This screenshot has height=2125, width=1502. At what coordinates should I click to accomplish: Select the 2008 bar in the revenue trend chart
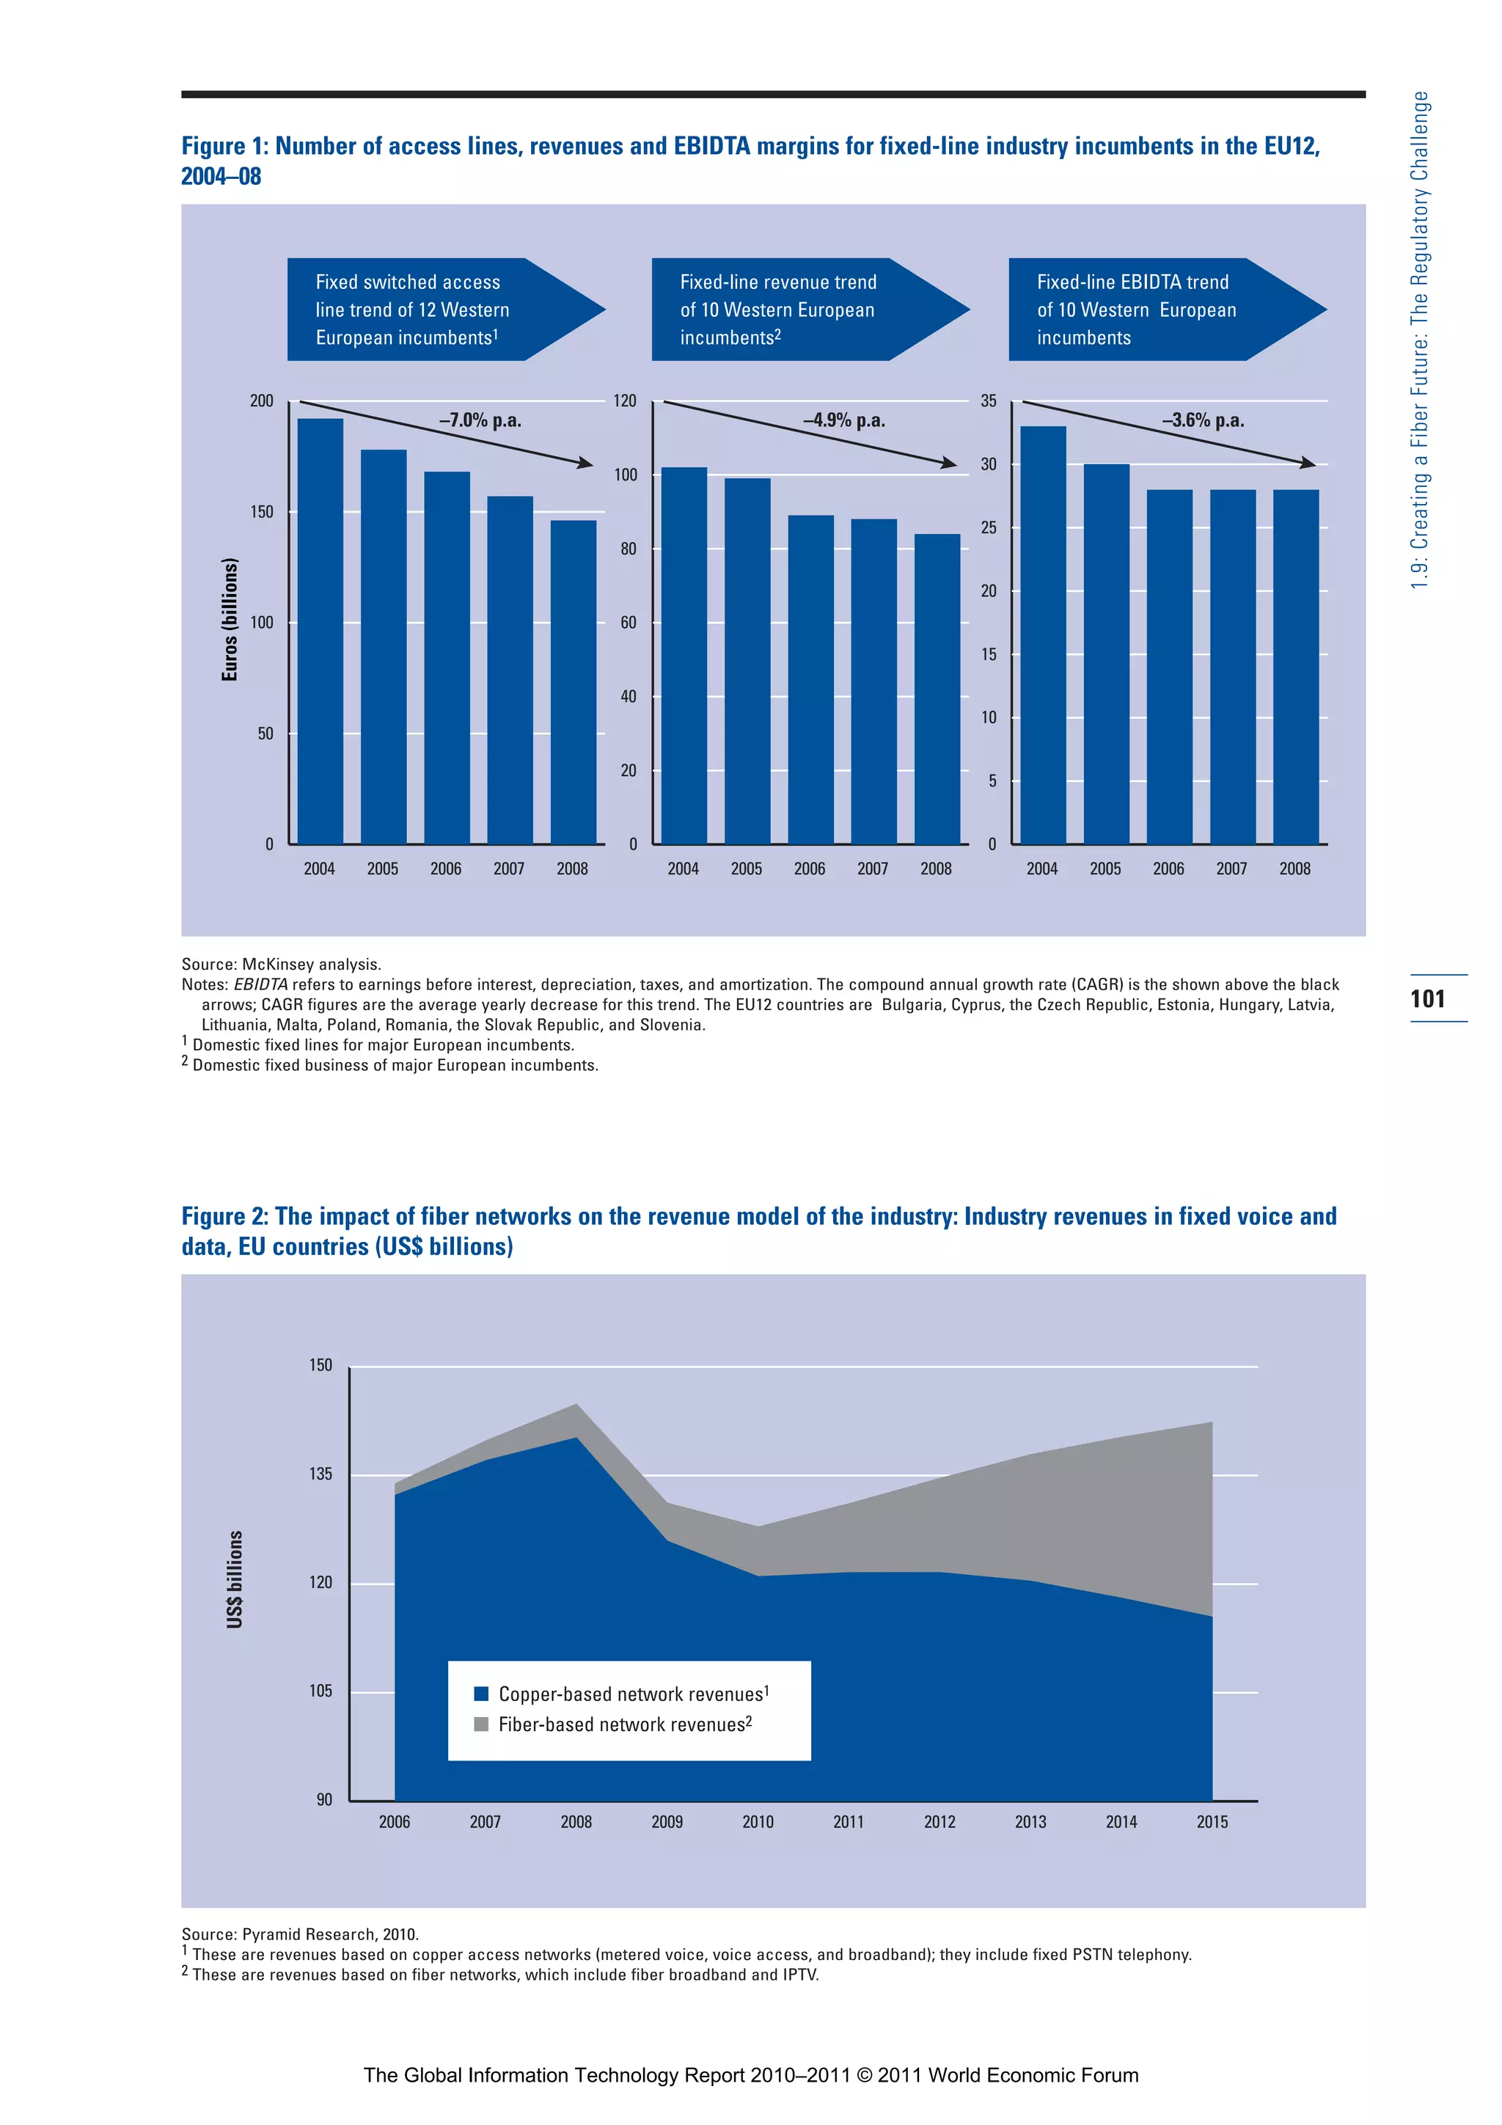coord(937,689)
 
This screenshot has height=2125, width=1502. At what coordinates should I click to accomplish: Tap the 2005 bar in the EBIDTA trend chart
coord(1106,654)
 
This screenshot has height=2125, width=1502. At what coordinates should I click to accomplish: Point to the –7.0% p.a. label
coord(480,420)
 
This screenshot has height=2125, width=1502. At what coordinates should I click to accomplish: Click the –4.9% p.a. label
coord(844,420)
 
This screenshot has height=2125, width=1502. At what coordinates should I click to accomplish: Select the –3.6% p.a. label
coord(1203,420)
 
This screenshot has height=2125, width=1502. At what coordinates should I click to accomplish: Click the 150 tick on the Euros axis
coord(262,512)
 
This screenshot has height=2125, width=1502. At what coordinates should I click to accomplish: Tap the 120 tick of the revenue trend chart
coord(625,401)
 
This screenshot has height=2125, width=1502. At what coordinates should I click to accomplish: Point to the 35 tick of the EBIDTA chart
coord(989,401)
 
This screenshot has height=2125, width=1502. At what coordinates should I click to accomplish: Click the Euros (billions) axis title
coord(230,619)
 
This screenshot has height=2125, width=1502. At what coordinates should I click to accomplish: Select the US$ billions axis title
coord(235,1579)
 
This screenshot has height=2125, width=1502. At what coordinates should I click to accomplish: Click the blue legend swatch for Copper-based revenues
coord(481,1694)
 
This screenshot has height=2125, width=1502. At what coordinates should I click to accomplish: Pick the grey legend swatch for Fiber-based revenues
coord(481,1724)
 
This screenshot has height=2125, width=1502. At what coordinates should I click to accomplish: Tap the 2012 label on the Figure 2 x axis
coord(939,1821)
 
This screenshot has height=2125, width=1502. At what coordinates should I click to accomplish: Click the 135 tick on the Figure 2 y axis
coord(320,1474)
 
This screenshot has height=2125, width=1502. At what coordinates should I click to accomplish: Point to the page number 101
coord(1427,998)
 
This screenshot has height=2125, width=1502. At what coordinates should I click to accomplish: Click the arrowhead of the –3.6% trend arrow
coord(1308,463)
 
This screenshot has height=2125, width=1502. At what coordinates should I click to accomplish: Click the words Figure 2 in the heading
coord(222,1216)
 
